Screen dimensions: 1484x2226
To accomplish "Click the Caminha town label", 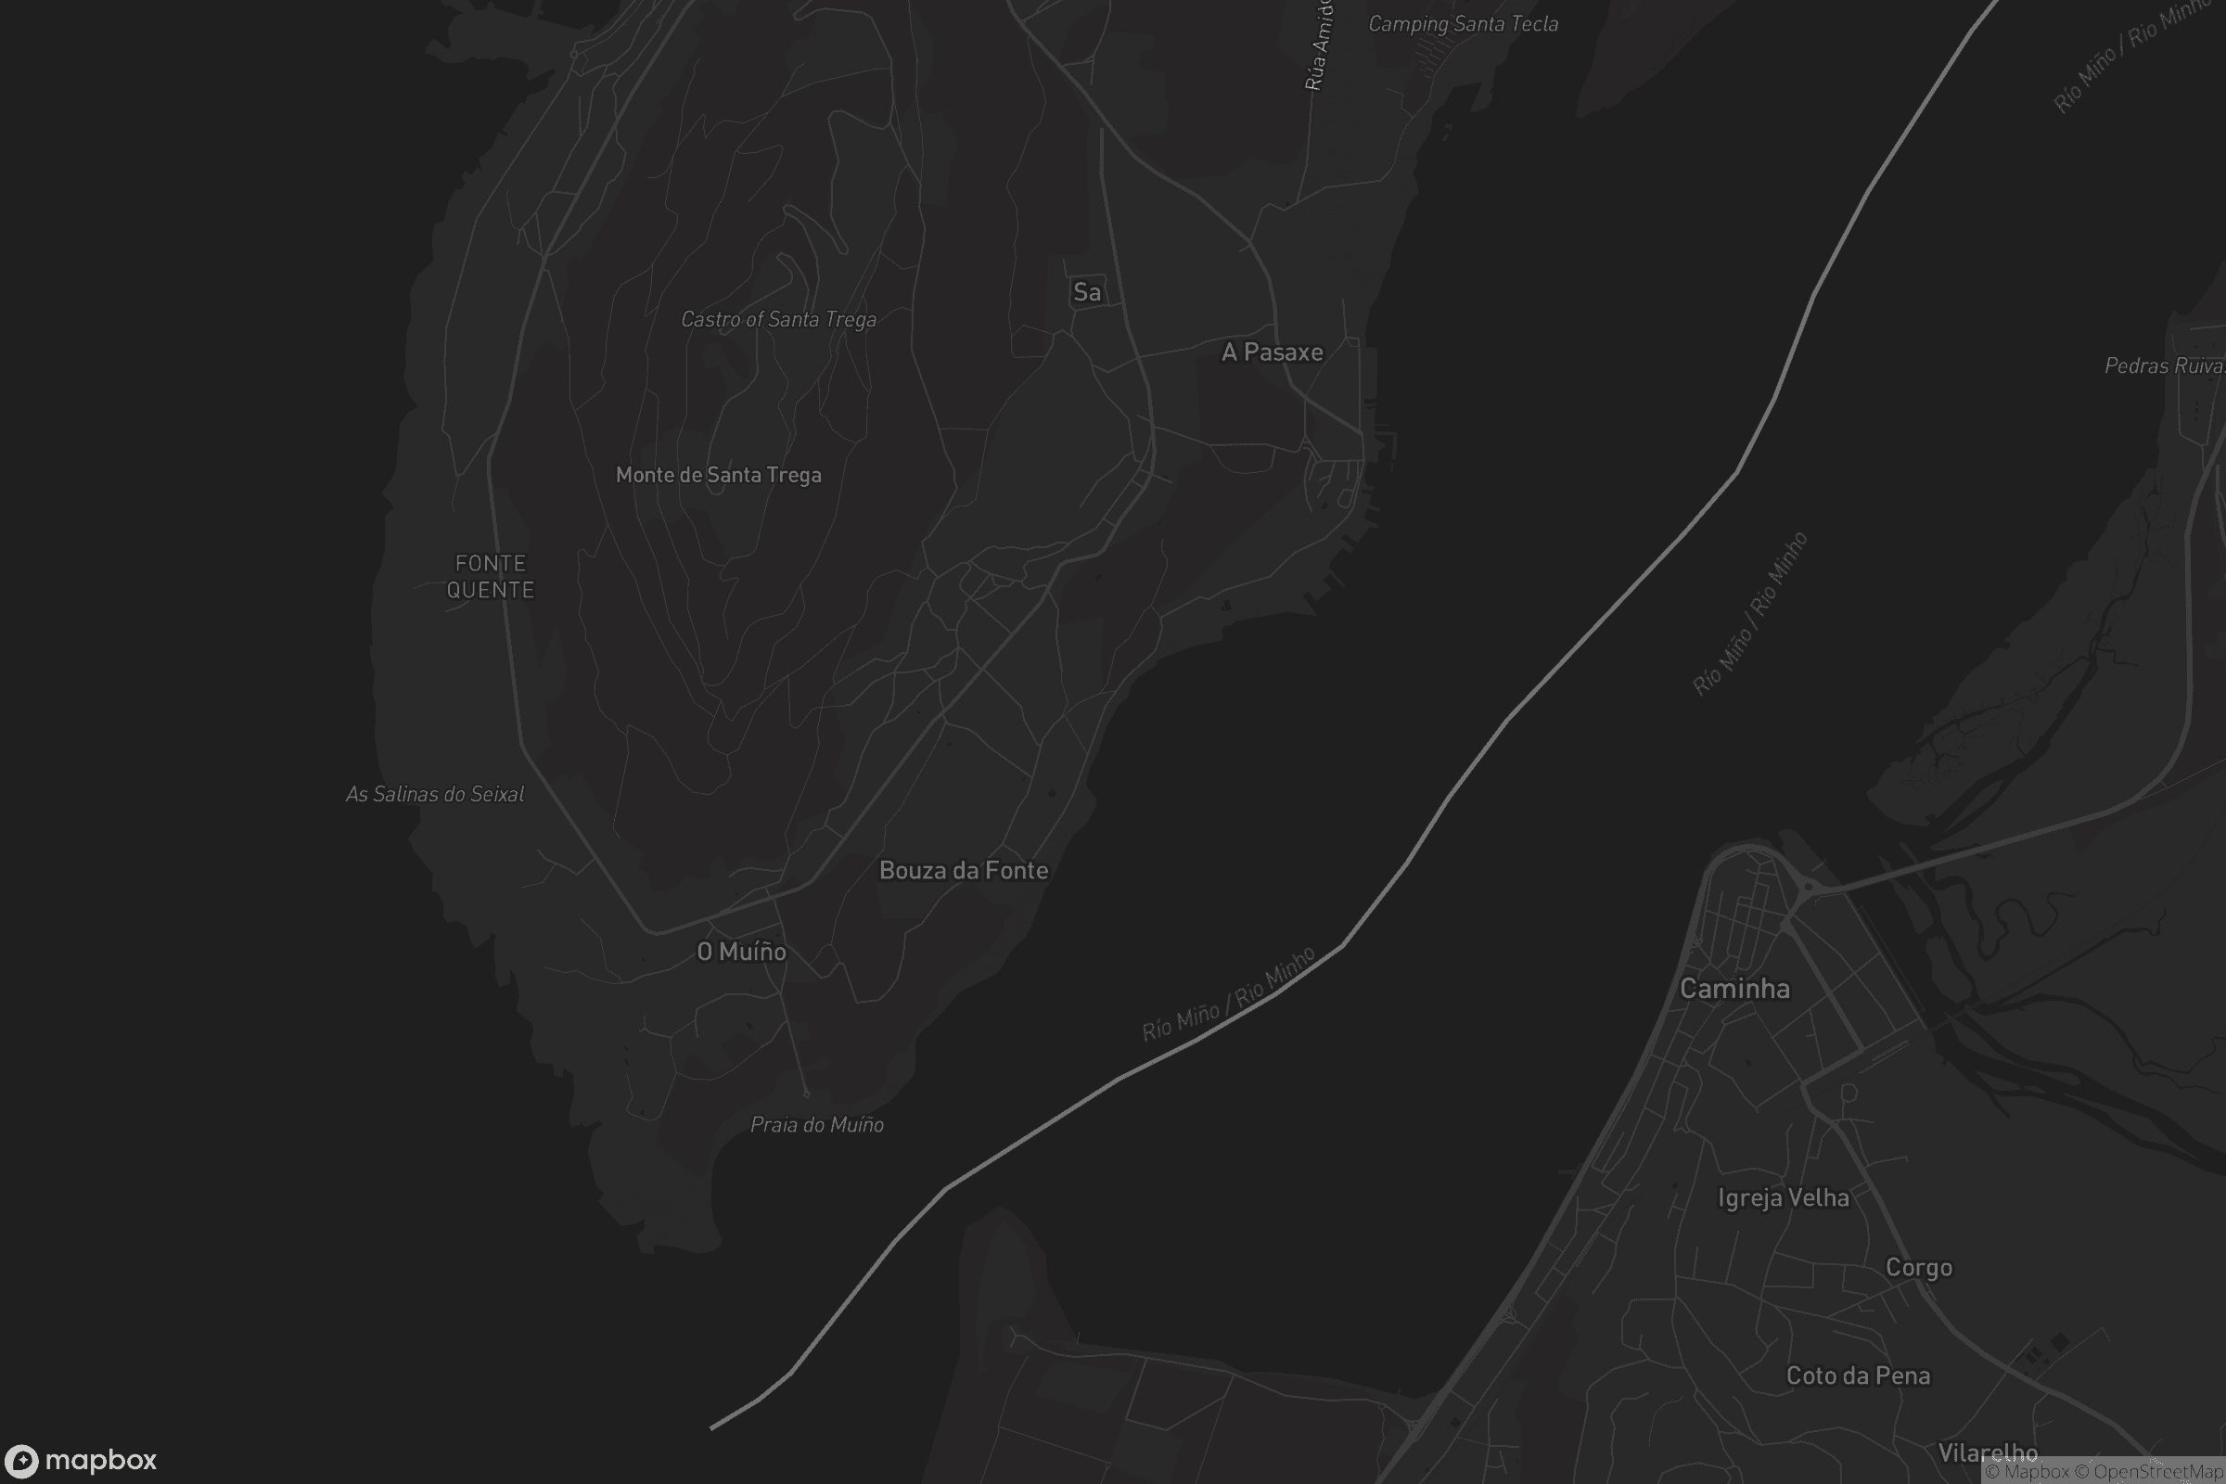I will (1733, 989).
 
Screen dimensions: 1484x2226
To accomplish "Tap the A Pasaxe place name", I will (1272, 352).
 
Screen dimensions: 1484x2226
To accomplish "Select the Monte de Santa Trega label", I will (718, 475).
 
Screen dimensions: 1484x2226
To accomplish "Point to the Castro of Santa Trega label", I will (778, 320).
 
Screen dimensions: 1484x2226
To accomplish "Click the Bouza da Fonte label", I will (964, 871).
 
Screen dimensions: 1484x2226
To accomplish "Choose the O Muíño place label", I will (741, 953).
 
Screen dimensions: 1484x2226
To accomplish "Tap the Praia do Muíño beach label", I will (817, 1125).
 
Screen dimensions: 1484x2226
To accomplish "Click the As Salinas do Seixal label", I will (434, 795).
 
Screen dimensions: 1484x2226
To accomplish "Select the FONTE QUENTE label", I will (491, 576).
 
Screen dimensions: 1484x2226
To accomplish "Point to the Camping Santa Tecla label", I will (1464, 25).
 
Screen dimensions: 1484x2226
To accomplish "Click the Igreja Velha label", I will (1783, 1198).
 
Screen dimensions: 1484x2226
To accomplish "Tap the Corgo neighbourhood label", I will (1918, 1268).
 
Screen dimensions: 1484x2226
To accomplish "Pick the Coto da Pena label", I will (1857, 1376).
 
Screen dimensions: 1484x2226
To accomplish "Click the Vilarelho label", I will (1988, 1452).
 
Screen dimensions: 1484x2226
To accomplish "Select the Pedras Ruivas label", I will (2164, 366).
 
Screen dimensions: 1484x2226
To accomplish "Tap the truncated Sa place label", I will (1086, 292).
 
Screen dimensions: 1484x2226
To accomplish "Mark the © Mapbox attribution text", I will (2028, 1472).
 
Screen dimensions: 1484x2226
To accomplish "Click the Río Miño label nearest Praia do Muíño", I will (1228, 994).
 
